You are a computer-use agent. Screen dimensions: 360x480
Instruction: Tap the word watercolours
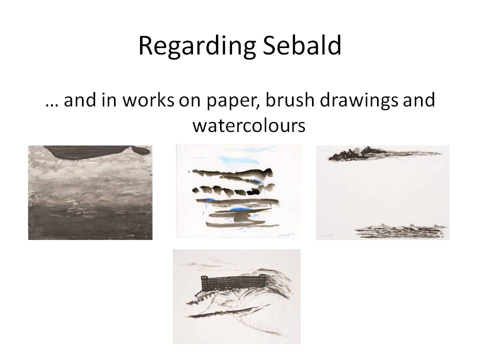pos(248,125)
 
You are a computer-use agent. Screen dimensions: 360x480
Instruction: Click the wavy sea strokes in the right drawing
pos(392,231)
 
